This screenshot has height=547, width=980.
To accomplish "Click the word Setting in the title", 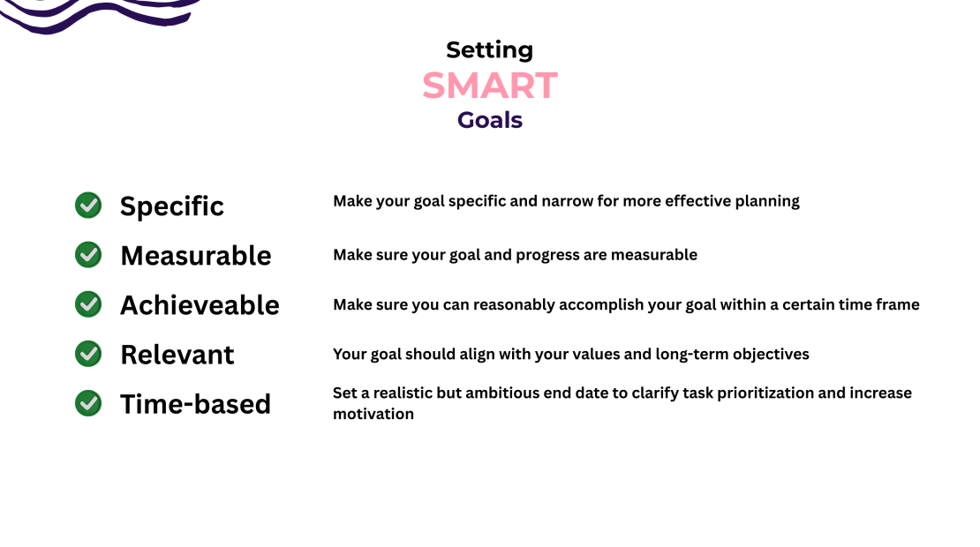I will pyautogui.click(x=489, y=50).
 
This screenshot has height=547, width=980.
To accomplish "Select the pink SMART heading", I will pyautogui.click(x=489, y=86).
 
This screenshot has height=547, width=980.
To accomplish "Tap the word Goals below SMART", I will pyautogui.click(x=489, y=120).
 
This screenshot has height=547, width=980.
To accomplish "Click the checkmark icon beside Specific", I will pyautogui.click(x=88, y=206).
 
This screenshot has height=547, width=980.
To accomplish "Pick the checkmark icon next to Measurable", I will pyautogui.click(x=88, y=255).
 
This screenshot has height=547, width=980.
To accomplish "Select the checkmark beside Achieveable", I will pyautogui.click(x=88, y=304).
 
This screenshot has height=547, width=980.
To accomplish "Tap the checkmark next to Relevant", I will pyautogui.click(x=88, y=354).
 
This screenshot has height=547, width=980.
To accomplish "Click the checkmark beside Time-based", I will pyautogui.click(x=88, y=403).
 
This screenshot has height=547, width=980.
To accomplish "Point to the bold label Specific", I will pyautogui.click(x=172, y=206).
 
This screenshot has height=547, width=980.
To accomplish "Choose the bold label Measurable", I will pyautogui.click(x=196, y=256).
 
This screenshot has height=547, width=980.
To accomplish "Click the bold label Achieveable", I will pyautogui.click(x=200, y=305).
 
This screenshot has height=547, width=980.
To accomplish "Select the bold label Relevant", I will pyautogui.click(x=177, y=355).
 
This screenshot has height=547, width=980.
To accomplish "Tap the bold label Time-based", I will pyautogui.click(x=195, y=404).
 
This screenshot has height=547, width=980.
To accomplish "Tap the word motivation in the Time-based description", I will pyautogui.click(x=373, y=414).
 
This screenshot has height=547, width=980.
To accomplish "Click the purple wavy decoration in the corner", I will pyautogui.click(x=97, y=13).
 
